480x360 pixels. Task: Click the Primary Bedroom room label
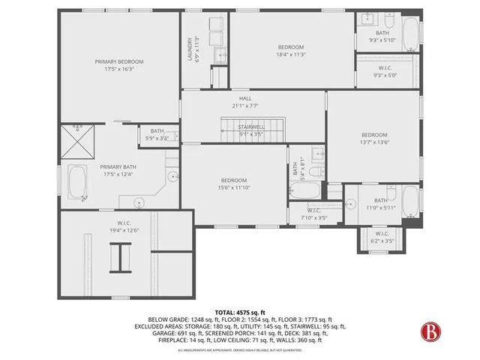point(118,61)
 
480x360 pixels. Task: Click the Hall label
point(246,97)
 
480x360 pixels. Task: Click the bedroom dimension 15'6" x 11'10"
point(234,188)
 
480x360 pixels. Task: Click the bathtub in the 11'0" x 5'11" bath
point(409,201)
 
